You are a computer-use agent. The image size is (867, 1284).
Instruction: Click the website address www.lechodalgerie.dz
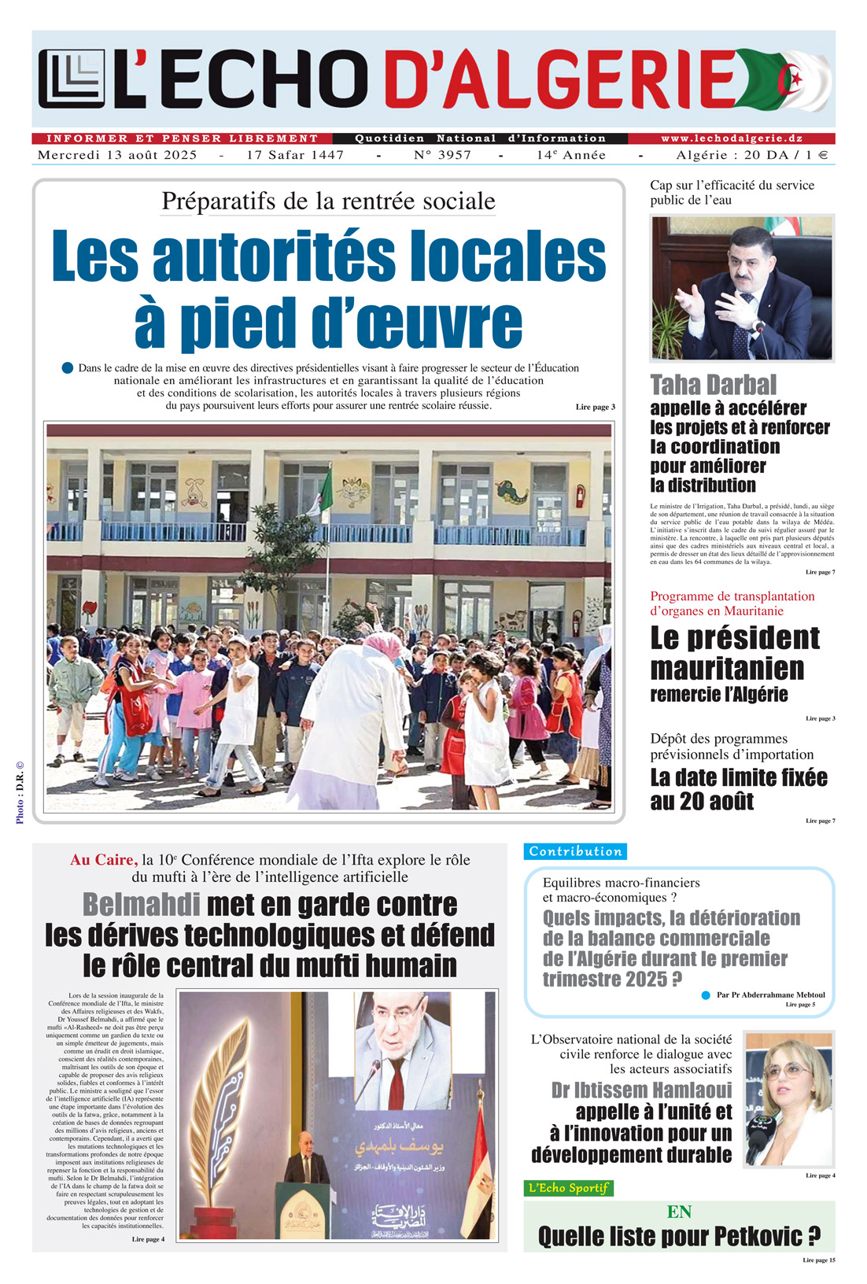pyautogui.click(x=731, y=138)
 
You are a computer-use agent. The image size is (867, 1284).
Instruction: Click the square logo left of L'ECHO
pyautogui.click(x=71, y=79)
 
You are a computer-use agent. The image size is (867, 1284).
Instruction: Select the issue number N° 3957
pyautogui.click(x=442, y=155)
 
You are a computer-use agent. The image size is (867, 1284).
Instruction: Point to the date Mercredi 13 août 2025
pyautogui.click(x=117, y=155)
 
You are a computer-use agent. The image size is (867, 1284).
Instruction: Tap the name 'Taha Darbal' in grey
pyautogui.click(x=713, y=385)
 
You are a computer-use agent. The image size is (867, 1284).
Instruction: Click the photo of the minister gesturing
pyautogui.click(x=741, y=288)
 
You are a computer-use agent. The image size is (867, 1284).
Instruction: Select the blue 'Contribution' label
pyautogui.click(x=575, y=851)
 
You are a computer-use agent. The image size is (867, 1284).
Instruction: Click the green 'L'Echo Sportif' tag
pyautogui.click(x=568, y=1188)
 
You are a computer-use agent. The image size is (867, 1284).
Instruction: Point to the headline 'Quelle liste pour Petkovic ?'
pyautogui.click(x=678, y=1237)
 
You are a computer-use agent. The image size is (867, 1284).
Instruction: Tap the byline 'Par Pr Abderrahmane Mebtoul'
pyautogui.click(x=770, y=995)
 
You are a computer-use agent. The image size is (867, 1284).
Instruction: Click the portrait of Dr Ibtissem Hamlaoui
pyautogui.click(x=788, y=1099)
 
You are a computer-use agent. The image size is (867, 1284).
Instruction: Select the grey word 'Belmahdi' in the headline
pyautogui.click(x=142, y=905)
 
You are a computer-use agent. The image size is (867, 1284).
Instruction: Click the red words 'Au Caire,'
pyautogui.click(x=104, y=860)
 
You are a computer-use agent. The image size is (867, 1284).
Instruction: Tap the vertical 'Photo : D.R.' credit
pyautogui.click(x=20, y=791)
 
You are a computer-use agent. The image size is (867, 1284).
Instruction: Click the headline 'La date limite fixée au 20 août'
pyautogui.click(x=738, y=789)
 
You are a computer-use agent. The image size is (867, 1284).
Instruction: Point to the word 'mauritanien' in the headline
pyautogui.click(x=727, y=669)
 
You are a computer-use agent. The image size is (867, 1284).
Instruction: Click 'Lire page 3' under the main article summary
pyautogui.click(x=595, y=407)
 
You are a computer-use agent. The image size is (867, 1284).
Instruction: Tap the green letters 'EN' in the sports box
pyautogui.click(x=678, y=1212)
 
